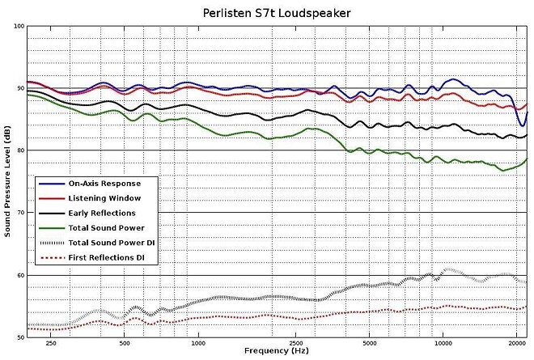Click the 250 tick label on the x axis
50,344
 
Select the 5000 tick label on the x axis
369,344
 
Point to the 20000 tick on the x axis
516,344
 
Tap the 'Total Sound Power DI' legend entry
112,243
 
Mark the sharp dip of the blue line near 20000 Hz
522,125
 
